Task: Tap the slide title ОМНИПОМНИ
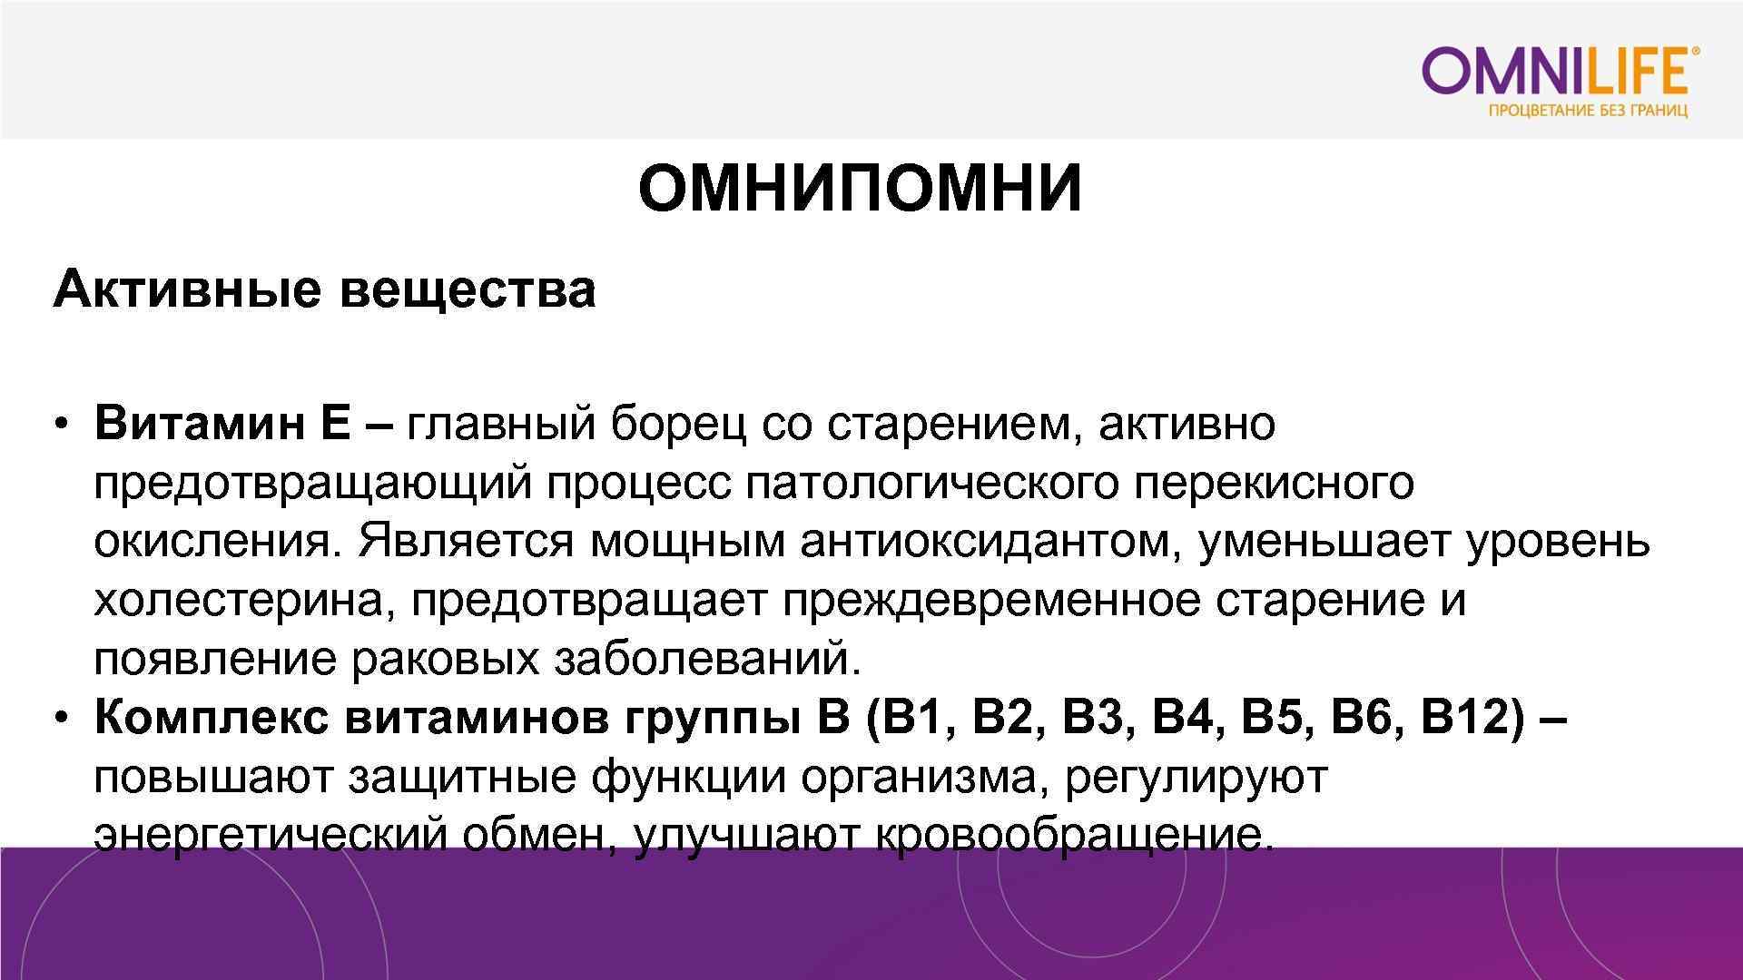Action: point(860,189)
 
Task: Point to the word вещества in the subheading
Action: point(468,290)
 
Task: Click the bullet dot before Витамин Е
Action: point(61,425)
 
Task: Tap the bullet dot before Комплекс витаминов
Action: point(61,719)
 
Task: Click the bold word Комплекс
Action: point(211,718)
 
